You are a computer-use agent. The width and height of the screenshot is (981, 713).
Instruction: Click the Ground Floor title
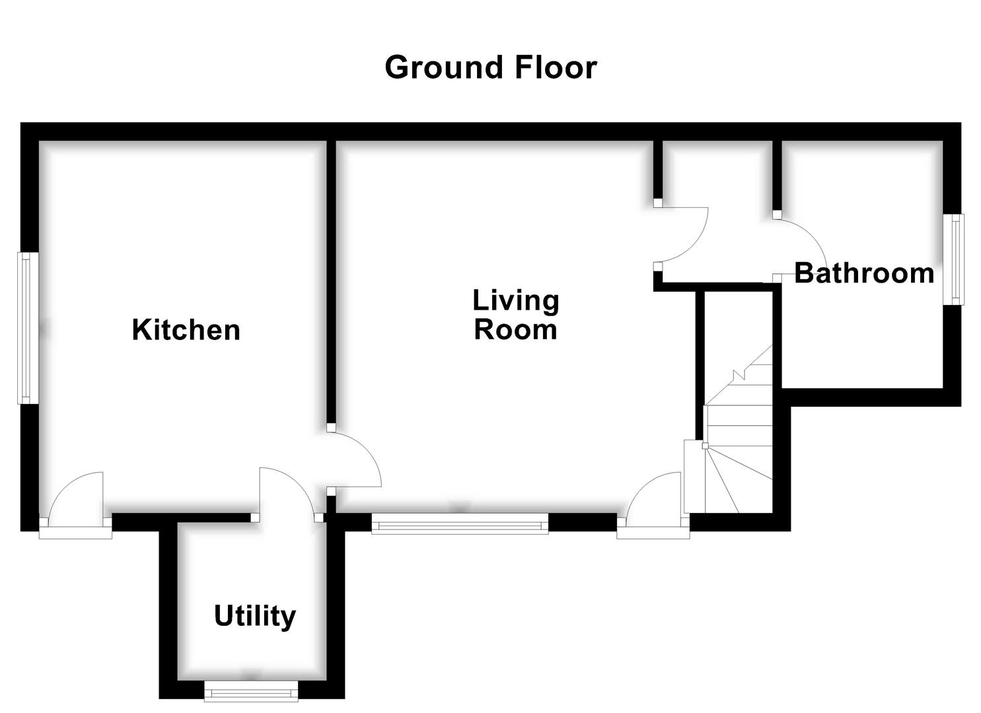tap(490, 67)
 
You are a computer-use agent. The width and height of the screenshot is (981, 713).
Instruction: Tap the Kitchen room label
tap(186, 329)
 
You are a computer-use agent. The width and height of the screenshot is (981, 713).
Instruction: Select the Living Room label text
tap(515, 314)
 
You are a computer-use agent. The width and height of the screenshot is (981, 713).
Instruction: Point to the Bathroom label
tap(863, 273)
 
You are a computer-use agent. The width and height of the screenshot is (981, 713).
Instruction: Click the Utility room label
tap(254, 616)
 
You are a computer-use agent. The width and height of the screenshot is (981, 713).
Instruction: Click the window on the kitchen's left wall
tap(25, 328)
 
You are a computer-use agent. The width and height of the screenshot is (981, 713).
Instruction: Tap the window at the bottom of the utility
tap(251, 692)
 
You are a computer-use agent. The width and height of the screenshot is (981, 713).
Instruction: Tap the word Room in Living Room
tap(515, 329)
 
